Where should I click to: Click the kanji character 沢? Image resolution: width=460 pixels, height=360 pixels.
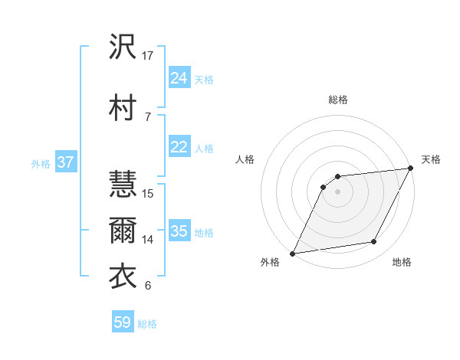click(123, 49)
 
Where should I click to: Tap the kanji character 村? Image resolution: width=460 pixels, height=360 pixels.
click(123, 106)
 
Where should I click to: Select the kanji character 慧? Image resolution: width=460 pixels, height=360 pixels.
click(123, 185)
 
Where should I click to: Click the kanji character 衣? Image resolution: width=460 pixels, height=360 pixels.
click(123, 276)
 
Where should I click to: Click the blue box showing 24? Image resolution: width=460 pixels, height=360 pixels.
click(179, 77)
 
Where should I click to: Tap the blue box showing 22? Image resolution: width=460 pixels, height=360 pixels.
click(179, 147)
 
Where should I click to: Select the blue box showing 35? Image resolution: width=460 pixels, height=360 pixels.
click(179, 231)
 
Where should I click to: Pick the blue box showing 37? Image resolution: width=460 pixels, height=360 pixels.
click(65, 162)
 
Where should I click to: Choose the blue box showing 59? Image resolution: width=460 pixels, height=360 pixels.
click(123, 322)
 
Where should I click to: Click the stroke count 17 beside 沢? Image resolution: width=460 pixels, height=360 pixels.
click(149, 56)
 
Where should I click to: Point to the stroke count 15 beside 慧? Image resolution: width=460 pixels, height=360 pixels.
click(149, 193)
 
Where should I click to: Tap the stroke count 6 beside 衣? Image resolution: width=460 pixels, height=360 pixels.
click(147, 286)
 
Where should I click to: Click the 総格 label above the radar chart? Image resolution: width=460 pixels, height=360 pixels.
click(338, 100)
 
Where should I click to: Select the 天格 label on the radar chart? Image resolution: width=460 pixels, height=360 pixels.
click(431, 159)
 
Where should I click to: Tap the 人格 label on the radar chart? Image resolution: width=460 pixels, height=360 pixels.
click(245, 159)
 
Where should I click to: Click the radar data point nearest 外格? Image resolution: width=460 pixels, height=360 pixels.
click(292, 253)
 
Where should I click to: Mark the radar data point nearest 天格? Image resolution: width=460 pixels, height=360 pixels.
click(412, 169)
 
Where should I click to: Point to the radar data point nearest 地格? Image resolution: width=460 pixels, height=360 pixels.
click(374, 242)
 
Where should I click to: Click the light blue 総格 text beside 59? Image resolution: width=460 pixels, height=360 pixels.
click(147, 324)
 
